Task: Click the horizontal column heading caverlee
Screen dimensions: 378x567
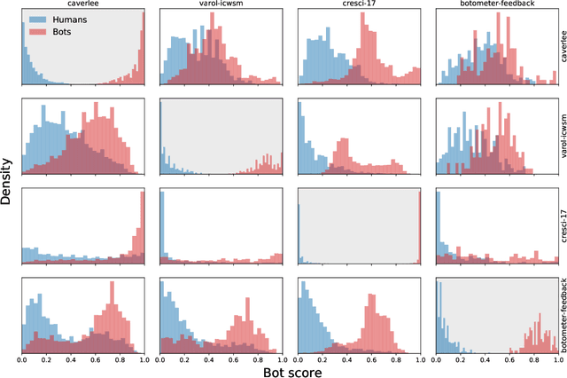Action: pyautogui.click(x=83, y=4)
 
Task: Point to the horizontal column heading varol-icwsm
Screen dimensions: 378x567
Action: pyautogui.click(x=221, y=4)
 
